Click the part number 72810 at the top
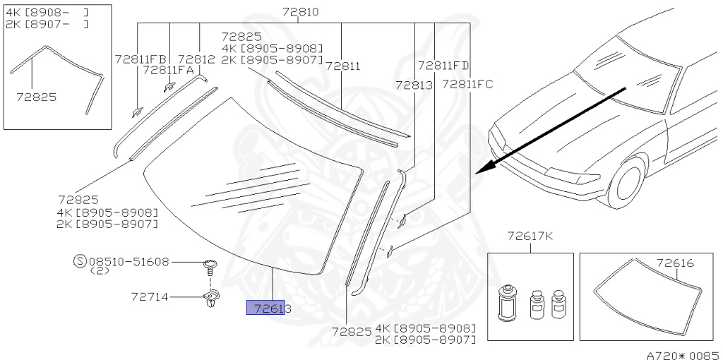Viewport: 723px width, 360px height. pos(300,12)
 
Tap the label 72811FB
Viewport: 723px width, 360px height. pos(141,59)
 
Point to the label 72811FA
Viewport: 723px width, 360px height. pos(169,70)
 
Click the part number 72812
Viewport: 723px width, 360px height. pos(197,59)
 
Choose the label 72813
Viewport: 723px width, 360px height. pos(414,85)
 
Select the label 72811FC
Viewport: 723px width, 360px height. pos(467,85)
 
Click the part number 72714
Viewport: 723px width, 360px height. pos(150,297)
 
